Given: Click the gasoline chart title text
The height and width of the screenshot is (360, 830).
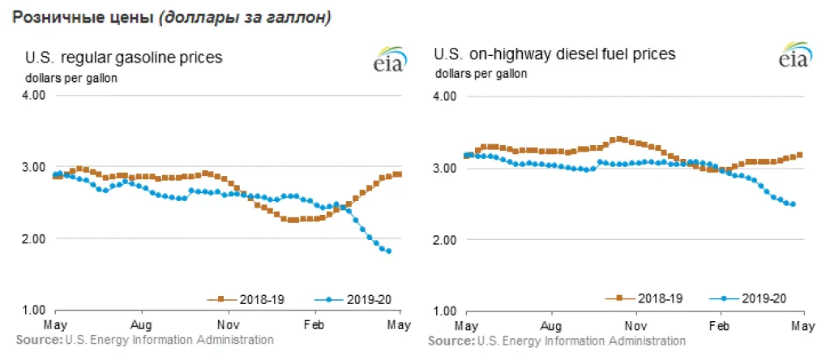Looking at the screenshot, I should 124,57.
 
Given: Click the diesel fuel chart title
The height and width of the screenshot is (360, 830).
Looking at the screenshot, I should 555,54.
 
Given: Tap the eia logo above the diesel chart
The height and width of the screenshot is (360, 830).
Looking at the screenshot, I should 794,58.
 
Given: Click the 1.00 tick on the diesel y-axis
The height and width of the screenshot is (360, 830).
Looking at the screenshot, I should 447,311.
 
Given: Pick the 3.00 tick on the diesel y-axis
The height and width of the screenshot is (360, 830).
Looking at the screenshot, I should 447,168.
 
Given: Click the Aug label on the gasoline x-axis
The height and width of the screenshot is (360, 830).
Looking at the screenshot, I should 142,323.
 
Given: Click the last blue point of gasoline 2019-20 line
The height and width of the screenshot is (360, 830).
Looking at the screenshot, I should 389,251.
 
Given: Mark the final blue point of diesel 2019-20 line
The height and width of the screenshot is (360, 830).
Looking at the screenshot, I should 792,204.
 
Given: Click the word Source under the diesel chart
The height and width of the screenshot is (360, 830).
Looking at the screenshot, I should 450,341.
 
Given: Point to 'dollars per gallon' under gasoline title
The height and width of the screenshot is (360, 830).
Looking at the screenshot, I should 71,78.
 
